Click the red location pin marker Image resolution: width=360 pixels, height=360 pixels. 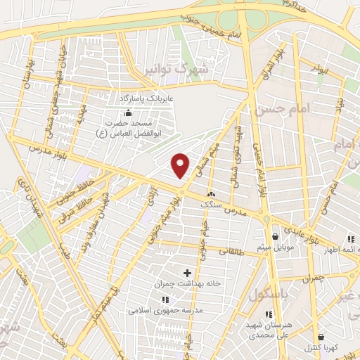pyautogui.click(x=181, y=165)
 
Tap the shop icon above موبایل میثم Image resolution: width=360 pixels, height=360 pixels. pyautogui.click(x=274, y=236)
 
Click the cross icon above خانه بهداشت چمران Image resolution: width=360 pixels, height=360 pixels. pyautogui.click(x=187, y=272)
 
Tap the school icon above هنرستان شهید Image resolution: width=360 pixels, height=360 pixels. pyautogui.click(x=268, y=314)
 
